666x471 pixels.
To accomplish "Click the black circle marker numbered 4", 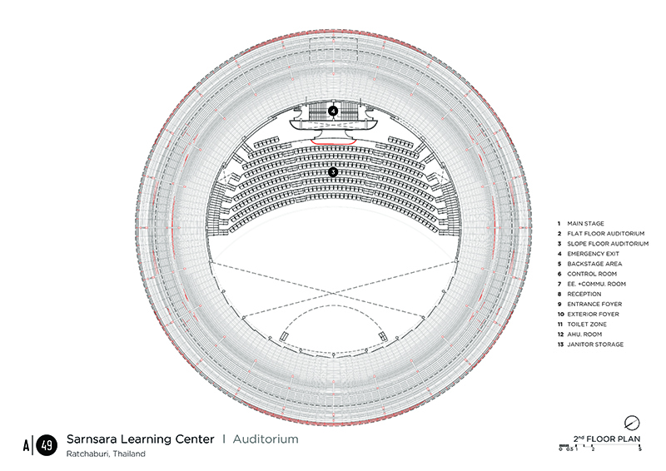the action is pos(334,111).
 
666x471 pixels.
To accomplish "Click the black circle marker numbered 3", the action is pos(334,172).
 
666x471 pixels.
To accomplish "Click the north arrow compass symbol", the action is pos(632,423).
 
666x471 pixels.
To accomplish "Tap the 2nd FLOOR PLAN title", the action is pos(607,439).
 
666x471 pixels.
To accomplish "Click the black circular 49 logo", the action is pos(47,445).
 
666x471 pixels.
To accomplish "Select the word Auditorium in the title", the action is pos(266,439).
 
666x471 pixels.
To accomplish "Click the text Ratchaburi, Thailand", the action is pos(106,454).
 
